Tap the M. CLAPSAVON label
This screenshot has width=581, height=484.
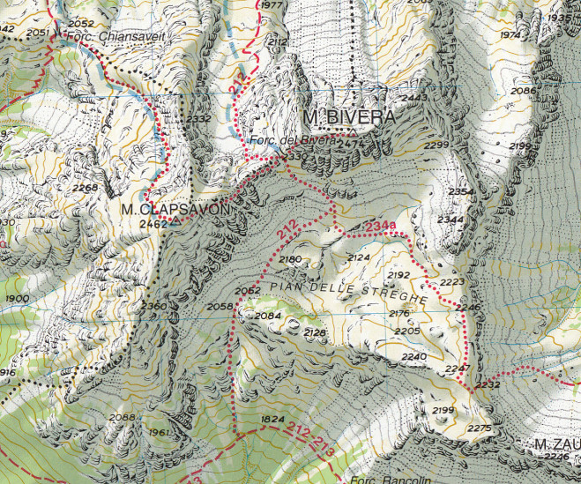pyautogui.click(x=175, y=210)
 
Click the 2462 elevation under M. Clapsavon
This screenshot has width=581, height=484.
pyautogui.click(x=153, y=224)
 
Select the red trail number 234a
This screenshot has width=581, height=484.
pyautogui.click(x=379, y=228)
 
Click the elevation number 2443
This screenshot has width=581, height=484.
pyautogui.click(x=413, y=98)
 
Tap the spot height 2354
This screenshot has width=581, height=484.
pyautogui.click(x=460, y=191)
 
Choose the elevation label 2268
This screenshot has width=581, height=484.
pyautogui.click(x=86, y=188)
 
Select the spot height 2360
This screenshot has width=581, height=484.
pyautogui.click(x=153, y=305)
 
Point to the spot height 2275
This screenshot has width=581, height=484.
pyautogui.click(x=479, y=428)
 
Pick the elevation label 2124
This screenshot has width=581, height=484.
pyautogui.click(x=359, y=257)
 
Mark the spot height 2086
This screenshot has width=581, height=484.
pyautogui.click(x=523, y=91)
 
